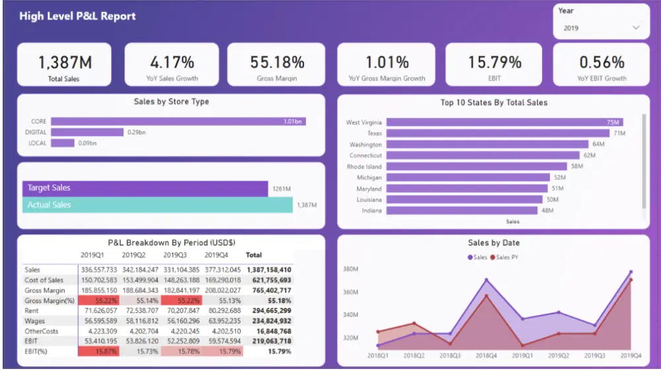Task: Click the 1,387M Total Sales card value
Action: pyautogui.click(x=64, y=62)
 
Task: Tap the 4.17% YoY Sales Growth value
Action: pyautogui.click(x=172, y=62)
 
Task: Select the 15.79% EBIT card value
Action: pyautogui.click(x=494, y=62)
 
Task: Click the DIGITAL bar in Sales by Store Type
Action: pyautogui.click(x=87, y=132)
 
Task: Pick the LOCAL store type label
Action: pyautogui.click(x=38, y=143)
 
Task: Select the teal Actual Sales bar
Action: pyautogui.click(x=157, y=205)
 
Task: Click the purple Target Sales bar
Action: pyautogui.click(x=145, y=188)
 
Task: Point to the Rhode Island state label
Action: pyautogui.click(x=364, y=167)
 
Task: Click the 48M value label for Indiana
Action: pyautogui.click(x=547, y=211)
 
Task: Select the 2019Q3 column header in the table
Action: pyautogui.click(x=176, y=255)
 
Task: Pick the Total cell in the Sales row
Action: pyautogui.click(x=268, y=270)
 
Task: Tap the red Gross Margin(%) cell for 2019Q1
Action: pyautogui.click(x=98, y=301)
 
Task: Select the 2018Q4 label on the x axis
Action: pyautogui.click(x=486, y=355)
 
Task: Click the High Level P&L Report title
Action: pyautogui.click(x=77, y=16)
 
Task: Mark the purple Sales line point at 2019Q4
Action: pyautogui.click(x=631, y=272)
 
